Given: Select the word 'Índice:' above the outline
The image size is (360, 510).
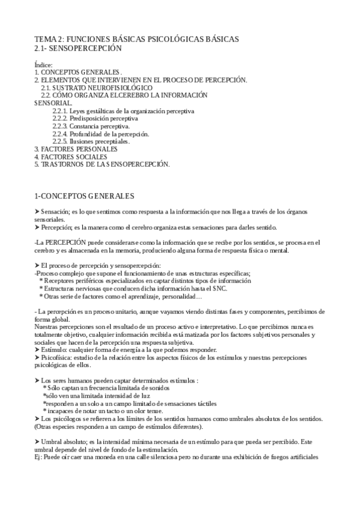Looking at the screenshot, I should pos(44,65).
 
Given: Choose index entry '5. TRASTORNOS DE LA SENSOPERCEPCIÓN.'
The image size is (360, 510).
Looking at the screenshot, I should pos(102,164).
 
